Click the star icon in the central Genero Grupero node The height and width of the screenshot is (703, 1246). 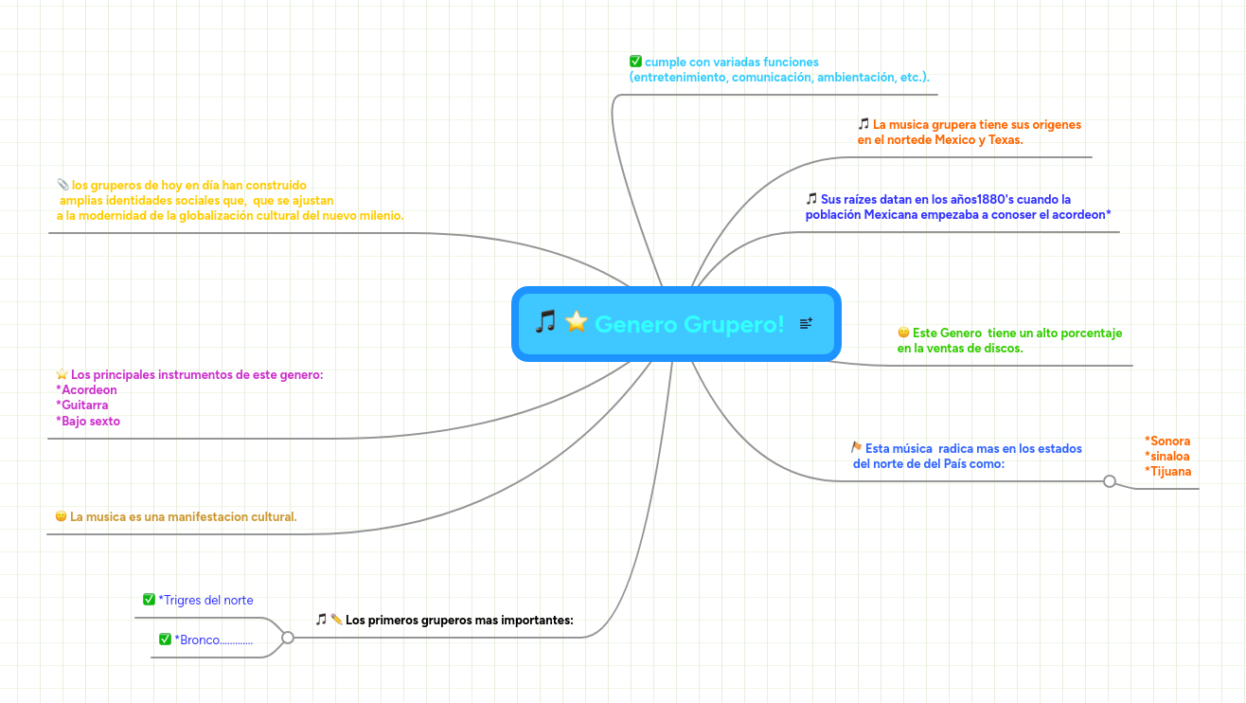(577, 322)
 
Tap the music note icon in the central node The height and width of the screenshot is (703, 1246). (545, 322)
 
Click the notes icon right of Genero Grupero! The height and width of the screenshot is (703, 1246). (806, 323)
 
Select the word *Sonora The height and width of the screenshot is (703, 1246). (1167, 441)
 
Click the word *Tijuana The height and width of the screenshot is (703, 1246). (1168, 472)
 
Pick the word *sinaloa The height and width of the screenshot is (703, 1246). (1167, 457)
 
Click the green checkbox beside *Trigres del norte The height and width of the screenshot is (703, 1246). (149, 599)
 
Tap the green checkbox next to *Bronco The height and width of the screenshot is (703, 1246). (165, 639)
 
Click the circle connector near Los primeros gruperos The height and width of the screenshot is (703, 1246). (288, 638)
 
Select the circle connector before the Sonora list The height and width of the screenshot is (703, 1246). (1110, 481)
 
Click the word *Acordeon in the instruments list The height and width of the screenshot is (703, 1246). (86, 389)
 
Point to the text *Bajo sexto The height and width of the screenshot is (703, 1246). (88, 421)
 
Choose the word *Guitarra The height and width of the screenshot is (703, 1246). (81, 406)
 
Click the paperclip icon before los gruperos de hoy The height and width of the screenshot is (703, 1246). (62, 184)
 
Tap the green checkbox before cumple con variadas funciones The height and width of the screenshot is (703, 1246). (635, 61)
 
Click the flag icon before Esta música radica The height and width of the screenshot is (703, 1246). (857, 447)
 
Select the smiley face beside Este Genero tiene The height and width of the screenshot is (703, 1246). (903, 333)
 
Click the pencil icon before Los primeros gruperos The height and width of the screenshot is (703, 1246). (336, 619)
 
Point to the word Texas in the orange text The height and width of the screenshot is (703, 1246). (1006, 139)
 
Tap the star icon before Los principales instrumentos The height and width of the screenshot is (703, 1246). (62, 374)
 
